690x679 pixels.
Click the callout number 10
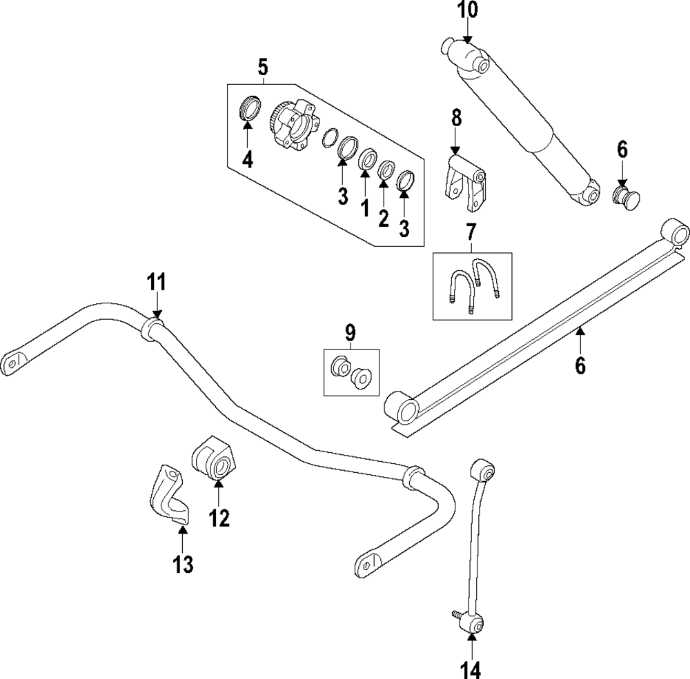point(467,11)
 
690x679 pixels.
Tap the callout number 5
point(262,68)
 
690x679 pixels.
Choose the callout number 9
point(351,334)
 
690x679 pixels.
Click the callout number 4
point(247,160)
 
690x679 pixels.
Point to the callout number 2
point(384,218)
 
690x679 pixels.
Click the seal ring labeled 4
point(249,108)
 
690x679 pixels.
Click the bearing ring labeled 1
point(368,159)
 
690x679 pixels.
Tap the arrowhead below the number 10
point(467,41)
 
